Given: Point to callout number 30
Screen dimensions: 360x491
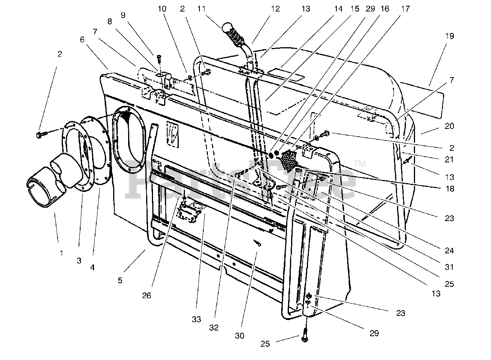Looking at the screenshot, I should coord(239,335).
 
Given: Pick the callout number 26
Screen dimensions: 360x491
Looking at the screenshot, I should coord(147,296).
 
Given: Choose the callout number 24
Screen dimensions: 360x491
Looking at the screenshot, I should coord(449,251).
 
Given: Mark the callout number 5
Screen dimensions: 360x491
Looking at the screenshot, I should coord(120,281).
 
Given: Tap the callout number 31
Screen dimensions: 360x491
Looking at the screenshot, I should coord(450,267).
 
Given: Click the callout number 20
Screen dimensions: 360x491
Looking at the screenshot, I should coord(450,126).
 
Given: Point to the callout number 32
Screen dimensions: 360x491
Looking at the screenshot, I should coord(214,328).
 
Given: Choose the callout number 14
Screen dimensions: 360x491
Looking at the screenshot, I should coord(338,8).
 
